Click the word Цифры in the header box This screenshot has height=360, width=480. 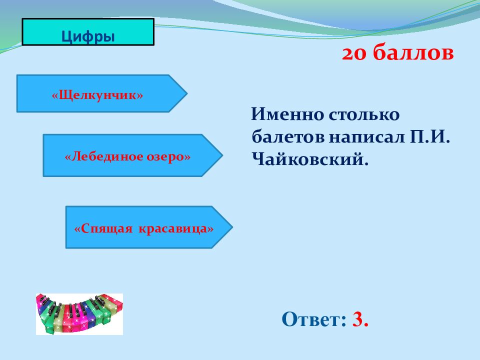pos(88,36)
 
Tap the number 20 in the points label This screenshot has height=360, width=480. pos(354,54)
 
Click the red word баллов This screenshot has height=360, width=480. pos(413,52)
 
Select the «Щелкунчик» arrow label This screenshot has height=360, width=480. pos(97,95)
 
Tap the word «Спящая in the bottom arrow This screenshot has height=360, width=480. pos(103,229)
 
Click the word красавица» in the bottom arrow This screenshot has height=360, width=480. pos(176,228)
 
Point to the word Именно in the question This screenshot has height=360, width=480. pos(287,114)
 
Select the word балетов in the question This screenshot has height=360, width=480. pos(288,137)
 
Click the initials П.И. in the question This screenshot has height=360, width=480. pos(430,137)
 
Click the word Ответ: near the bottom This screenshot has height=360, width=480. pos(314,319)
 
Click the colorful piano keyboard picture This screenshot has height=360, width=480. pos(79,314)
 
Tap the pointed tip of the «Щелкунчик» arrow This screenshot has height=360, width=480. pos(187,93)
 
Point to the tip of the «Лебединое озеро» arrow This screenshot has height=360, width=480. pos(222,155)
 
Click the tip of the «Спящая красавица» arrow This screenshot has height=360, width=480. pos(232,227)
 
